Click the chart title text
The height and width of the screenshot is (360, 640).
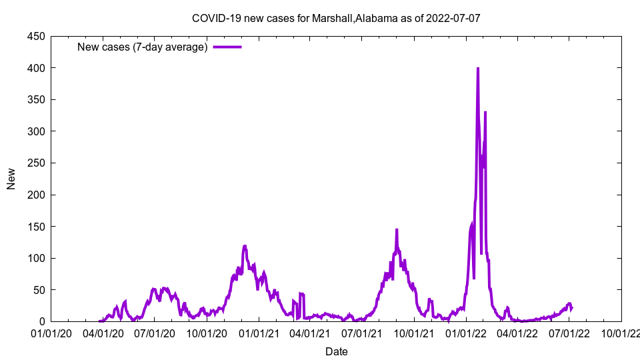(335, 18)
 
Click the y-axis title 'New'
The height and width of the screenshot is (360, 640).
(11, 178)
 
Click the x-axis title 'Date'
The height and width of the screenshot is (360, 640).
(336, 351)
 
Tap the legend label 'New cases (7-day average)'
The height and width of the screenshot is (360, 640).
(142, 47)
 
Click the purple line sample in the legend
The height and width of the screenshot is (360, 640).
(227, 47)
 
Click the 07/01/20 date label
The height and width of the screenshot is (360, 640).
(155, 333)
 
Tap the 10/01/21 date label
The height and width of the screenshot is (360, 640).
(414, 333)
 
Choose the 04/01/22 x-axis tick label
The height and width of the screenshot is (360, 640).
(517, 333)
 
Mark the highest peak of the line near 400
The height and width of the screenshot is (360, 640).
(478, 69)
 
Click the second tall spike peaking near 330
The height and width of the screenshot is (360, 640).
(485, 113)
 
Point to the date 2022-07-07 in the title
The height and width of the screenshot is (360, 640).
(455, 18)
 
